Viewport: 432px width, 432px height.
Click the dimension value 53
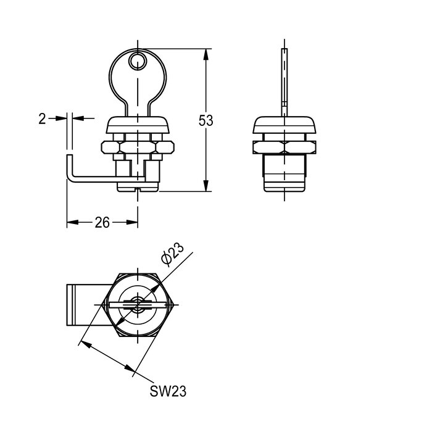[x=206, y=120]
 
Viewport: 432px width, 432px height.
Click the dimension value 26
[x=102, y=222]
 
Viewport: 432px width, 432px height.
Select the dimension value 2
[x=42, y=118]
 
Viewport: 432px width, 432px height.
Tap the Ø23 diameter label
[x=172, y=255]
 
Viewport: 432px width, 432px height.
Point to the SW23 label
[x=168, y=391]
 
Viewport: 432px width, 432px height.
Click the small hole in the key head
[x=138, y=60]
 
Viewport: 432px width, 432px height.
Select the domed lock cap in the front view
[x=138, y=125]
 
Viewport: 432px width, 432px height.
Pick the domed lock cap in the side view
[x=284, y=125]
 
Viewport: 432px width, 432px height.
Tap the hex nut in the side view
[x=284, y=147]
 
